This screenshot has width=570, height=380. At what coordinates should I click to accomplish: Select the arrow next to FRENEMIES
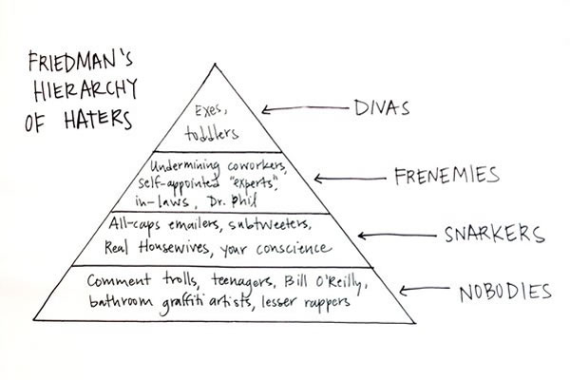(x=348, y=178)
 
